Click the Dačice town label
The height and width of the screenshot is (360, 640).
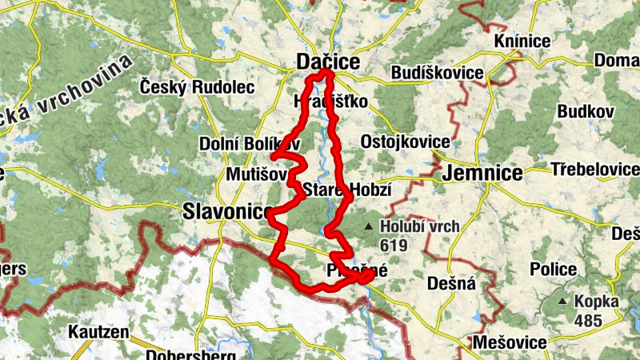[x=328, y=62]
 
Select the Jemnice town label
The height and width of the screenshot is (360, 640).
[x=482, y=173]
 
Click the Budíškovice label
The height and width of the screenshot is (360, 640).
[x=438, y=74]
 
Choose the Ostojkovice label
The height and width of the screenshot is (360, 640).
[x=405, y=142]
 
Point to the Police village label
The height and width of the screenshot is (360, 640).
[x=558, y=269]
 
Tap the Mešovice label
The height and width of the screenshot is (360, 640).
[x=510, y=342]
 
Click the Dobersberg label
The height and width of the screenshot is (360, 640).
[x=190, y=354]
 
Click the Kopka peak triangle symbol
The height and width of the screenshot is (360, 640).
[x=563, y=302]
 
